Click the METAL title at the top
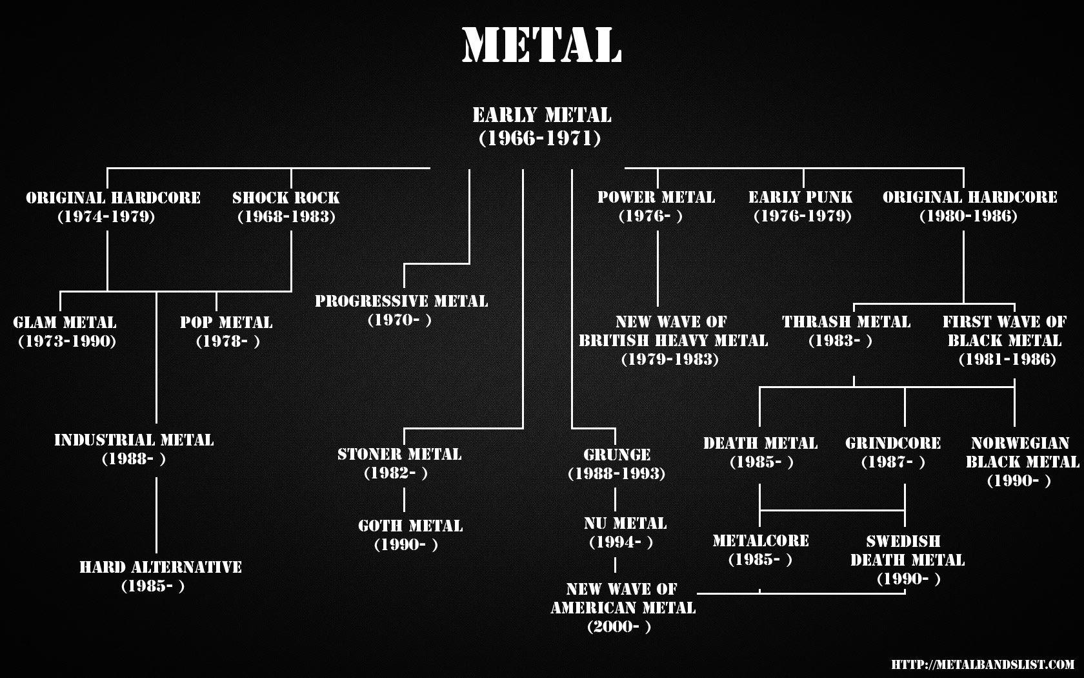(541, 45)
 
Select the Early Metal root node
(541, 126)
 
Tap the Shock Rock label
(286, 206)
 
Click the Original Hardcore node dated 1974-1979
(113, 206)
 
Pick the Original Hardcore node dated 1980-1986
(969, 206)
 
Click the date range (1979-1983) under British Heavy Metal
(670, 360)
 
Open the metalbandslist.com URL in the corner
(983, 664)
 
